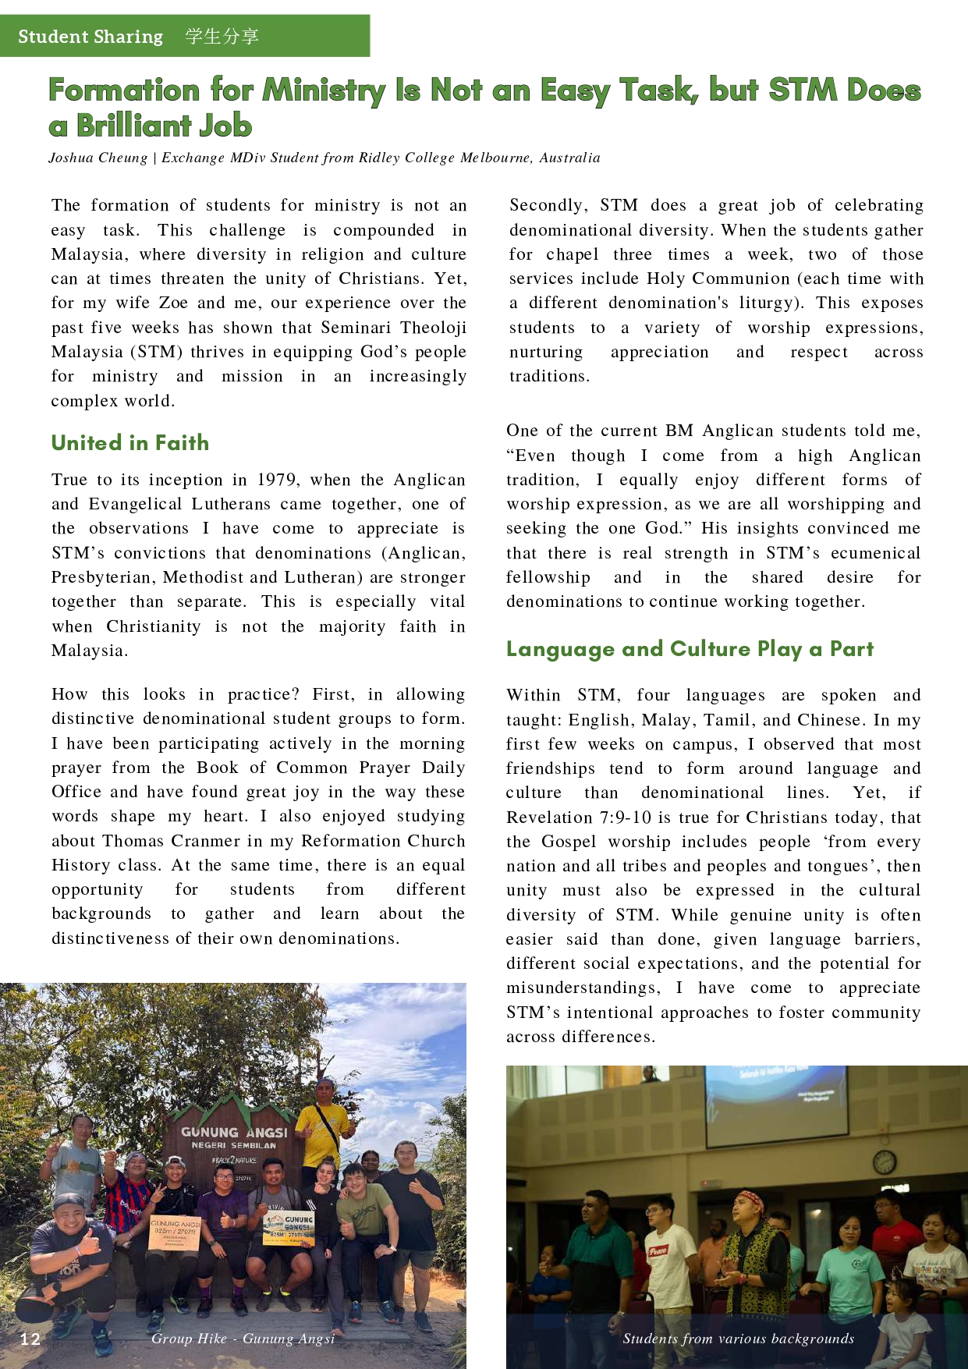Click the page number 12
pos(30,1339)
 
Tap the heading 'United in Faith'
pos(130,443)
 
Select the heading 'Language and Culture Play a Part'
pos(690,649)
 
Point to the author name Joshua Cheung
pos(98,158)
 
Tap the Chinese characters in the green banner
pos(222,37)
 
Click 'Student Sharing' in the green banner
pos(90,37)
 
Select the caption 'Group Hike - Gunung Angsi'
pos(243,1339)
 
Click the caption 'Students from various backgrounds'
pos(738,1339)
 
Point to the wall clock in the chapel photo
pos(884,1162)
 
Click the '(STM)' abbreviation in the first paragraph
pos(157,352)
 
